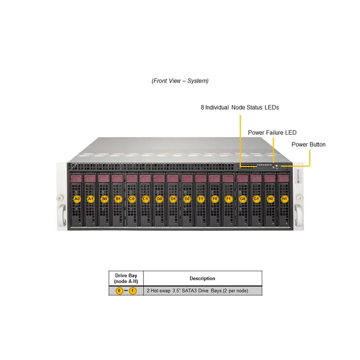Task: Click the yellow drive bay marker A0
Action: tap(77, 199)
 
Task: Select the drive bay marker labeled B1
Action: tap(118, 199)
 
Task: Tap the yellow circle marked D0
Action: tap(159, 199)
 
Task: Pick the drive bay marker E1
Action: tap(201, 199)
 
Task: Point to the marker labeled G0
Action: tap(242, 199)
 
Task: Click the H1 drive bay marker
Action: tap(284, 199)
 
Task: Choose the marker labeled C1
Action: tap(146, 199)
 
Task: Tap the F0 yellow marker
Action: tap(215, 199)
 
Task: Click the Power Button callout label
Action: tap(308, 145)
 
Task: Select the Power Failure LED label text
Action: tap(272, 133)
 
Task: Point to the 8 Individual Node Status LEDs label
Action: tap(240, 108)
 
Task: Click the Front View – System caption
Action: tap(180, 81)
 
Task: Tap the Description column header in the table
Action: tap(202, 279)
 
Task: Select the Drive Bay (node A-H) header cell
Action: tap(126, 279)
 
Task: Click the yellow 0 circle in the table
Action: tap(119, 291)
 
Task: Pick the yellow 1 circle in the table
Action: tap(133, 291)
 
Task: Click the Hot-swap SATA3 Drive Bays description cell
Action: tap(197, 291)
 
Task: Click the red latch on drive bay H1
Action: tap(283, 179)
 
